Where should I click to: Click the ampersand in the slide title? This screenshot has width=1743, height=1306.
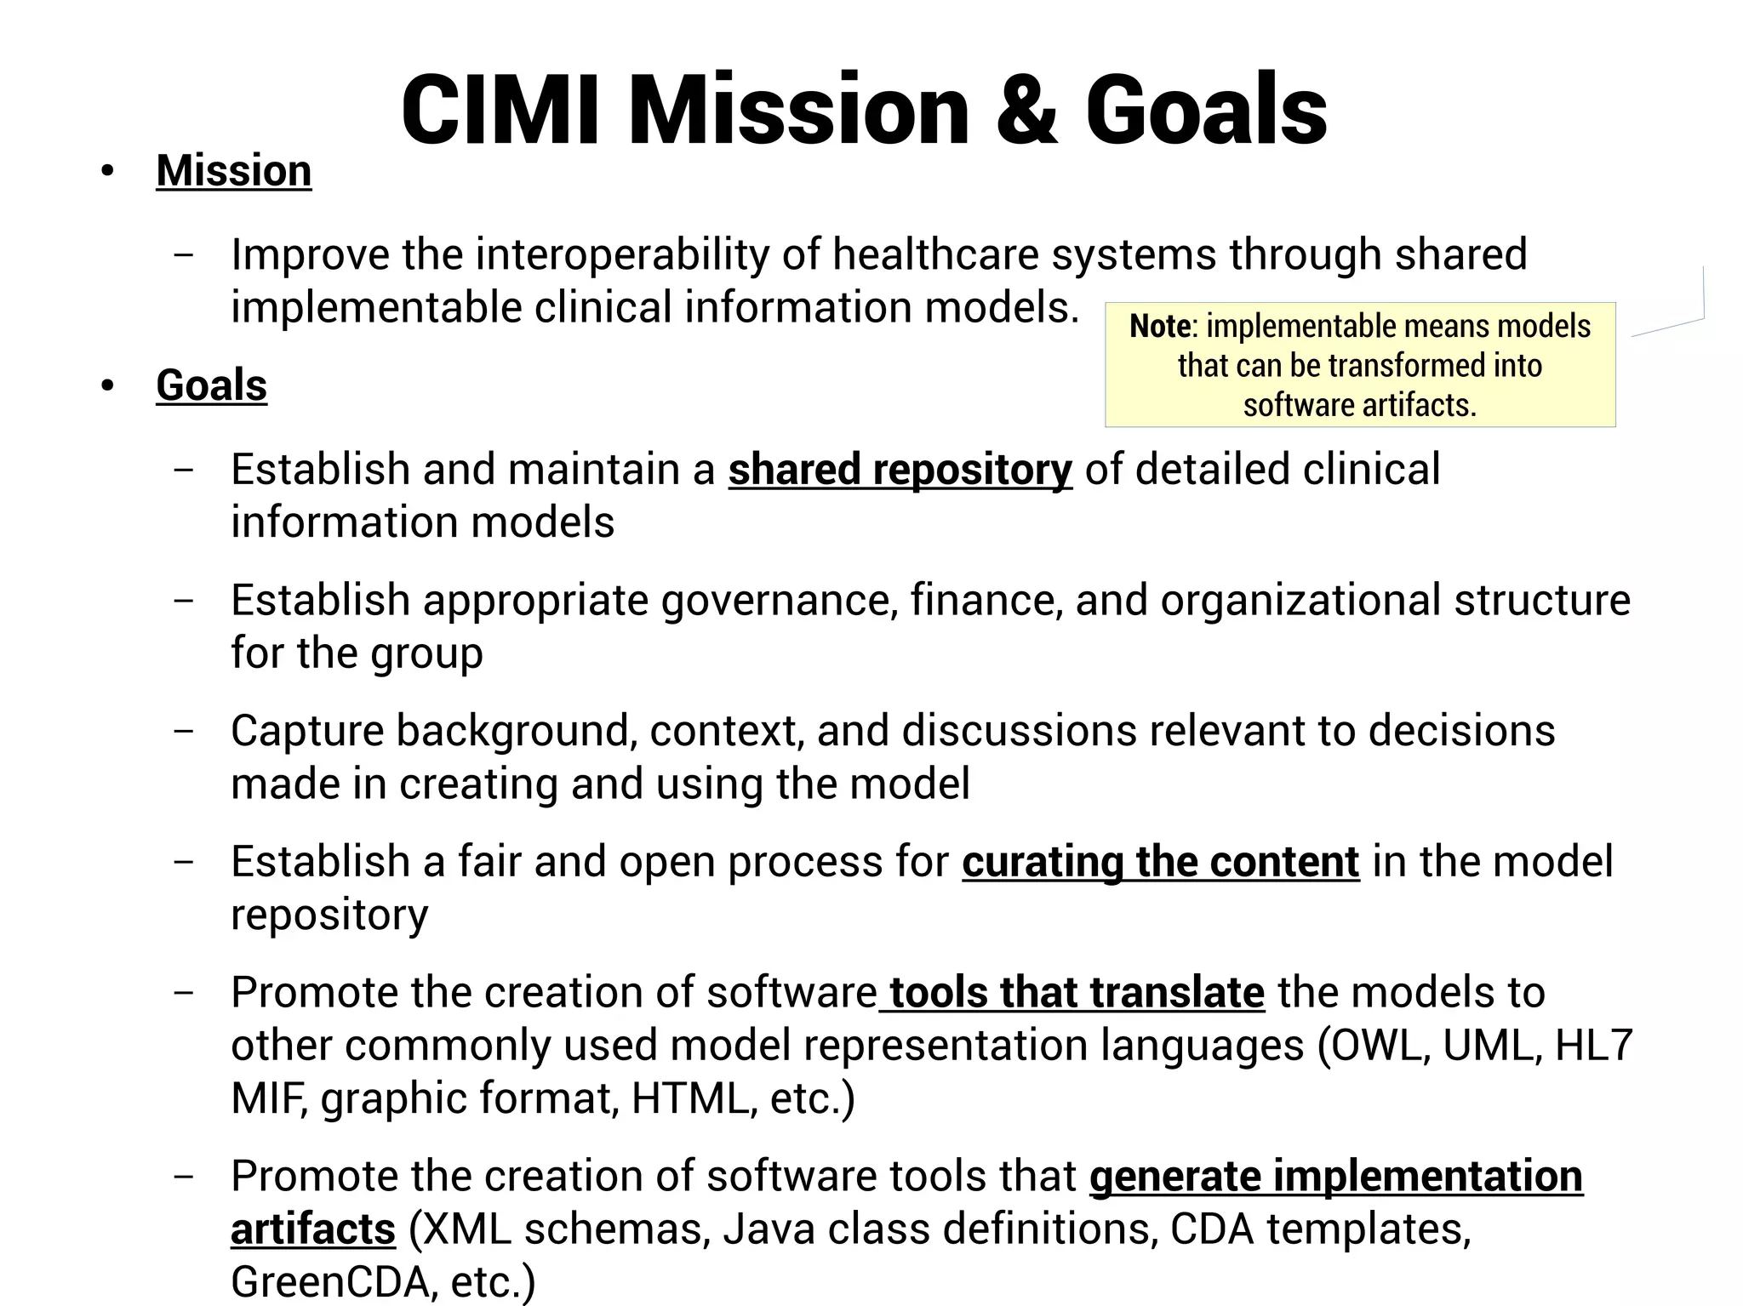pyautogui.click(x=1026, y=111)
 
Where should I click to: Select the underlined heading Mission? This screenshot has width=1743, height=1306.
pyautogui.click(x=234, y=171)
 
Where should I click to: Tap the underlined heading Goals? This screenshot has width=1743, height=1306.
pyautogui.click(x=211, y=385)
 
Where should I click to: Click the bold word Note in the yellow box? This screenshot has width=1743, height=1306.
pyautogui.click(x=1158, y=327)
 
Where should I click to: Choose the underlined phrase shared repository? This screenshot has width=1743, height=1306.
pyautogui.click(x=900, y=471)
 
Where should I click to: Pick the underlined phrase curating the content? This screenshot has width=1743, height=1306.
pyautogui.click(x=1160, y=863)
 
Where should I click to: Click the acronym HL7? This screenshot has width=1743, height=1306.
pyautogui.click(x=1593, y=1046)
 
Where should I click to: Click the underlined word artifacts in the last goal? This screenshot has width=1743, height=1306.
pyautogui.click(x=312, y=1229)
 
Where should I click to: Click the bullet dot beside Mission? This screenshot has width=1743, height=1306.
pyautogui.click(x=106, y=172)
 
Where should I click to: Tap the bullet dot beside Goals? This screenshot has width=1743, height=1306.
pyautogui.click(x=106, y=386)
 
